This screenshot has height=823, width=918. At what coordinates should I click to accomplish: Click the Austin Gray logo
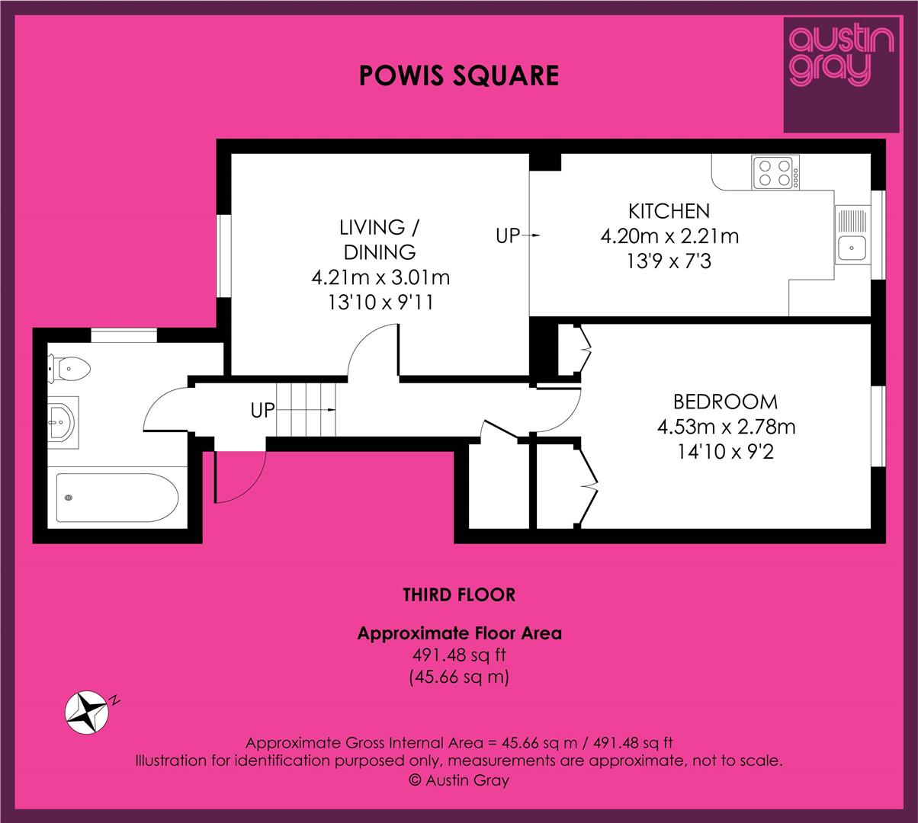pos(842,75)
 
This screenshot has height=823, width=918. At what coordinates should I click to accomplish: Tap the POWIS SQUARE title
pos(458,75)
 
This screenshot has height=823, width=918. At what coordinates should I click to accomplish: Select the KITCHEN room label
pos(669,211)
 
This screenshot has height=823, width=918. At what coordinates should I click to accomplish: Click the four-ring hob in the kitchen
pos(775,172)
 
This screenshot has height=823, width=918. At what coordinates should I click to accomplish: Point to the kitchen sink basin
pos(852,248)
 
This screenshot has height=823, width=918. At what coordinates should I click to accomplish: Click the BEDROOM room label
pos(725,402)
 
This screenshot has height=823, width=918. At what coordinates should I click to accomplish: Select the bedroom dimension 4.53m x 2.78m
pos(726,427)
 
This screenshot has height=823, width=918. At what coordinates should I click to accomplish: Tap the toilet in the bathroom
pos(69,369)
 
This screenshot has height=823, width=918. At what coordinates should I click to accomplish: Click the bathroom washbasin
pos(63,422)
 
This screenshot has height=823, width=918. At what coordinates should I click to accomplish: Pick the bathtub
pos(117,498)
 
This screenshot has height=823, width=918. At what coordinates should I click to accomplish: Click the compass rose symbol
pos(87,713)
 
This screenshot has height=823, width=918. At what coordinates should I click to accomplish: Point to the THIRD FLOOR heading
pos(459,594)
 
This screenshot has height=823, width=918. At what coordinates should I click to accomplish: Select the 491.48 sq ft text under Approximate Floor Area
pos(458,655)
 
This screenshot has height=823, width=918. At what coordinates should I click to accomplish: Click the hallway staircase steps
pos(306,409)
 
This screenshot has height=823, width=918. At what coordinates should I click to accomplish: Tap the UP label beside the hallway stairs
pos(262,411)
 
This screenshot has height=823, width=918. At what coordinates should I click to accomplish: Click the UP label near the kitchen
pos(508,236)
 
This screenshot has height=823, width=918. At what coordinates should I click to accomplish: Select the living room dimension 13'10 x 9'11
pos(380,302)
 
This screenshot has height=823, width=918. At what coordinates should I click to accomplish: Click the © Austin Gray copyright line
pos(458,780)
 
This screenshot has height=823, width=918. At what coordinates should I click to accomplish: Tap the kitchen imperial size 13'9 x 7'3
pos(669,261)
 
